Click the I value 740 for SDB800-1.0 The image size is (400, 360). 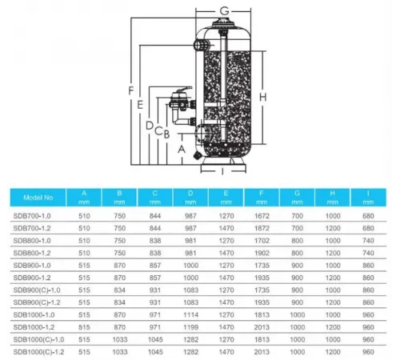(370, 239)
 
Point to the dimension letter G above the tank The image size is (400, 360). (226, 10)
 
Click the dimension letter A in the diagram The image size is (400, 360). (181, 149)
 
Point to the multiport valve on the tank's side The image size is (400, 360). (180, 103)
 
